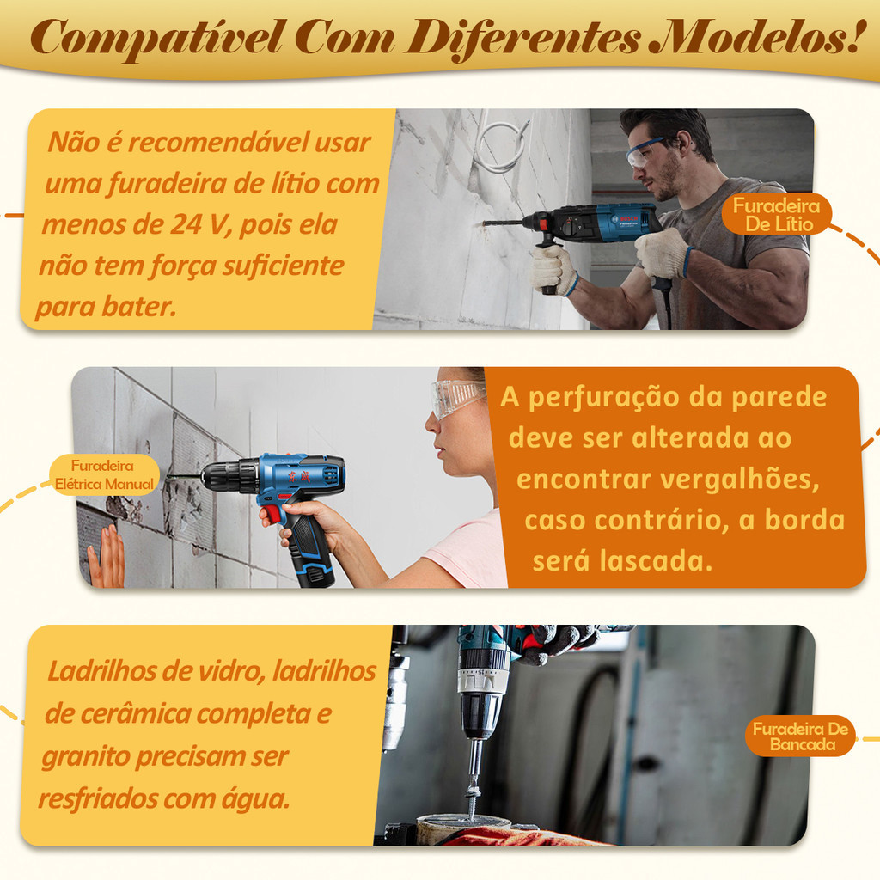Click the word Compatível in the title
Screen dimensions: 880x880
click(156, 38)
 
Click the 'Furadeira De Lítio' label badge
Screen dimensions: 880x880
click(776, 215)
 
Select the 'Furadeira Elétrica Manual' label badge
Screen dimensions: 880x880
click(104, 474)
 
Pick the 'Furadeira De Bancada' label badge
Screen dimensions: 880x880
click(800, 736)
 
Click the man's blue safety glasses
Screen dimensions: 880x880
click(645, 153)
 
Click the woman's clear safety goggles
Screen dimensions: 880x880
click(457, 397)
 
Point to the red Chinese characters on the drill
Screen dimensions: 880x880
click(299, 476)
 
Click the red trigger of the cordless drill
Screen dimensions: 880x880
click(272, 514)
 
